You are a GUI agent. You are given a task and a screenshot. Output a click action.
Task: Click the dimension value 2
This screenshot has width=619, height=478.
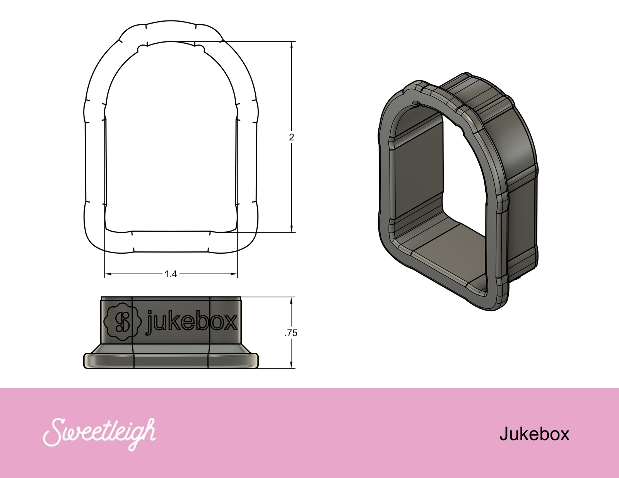click(291, 137)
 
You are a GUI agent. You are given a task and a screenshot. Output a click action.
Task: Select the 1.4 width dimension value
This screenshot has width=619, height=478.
click(171, 274)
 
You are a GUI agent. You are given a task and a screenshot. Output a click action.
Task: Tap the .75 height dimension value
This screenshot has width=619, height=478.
click(291, 333)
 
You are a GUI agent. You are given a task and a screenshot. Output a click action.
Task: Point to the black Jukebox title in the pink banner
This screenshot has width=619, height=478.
click(534, 434)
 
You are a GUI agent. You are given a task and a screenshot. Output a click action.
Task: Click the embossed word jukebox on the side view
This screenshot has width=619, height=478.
click(191, 321)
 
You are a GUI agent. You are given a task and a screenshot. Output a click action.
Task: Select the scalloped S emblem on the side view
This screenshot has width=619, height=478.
click(123, 322)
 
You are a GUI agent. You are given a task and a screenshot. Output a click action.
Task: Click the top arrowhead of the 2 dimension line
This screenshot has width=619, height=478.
click(291, 46)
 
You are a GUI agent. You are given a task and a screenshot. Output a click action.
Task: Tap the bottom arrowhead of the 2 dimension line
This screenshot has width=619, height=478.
click(291, 228)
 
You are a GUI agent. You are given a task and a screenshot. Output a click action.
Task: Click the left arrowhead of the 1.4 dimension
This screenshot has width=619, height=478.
click(109, 274)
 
